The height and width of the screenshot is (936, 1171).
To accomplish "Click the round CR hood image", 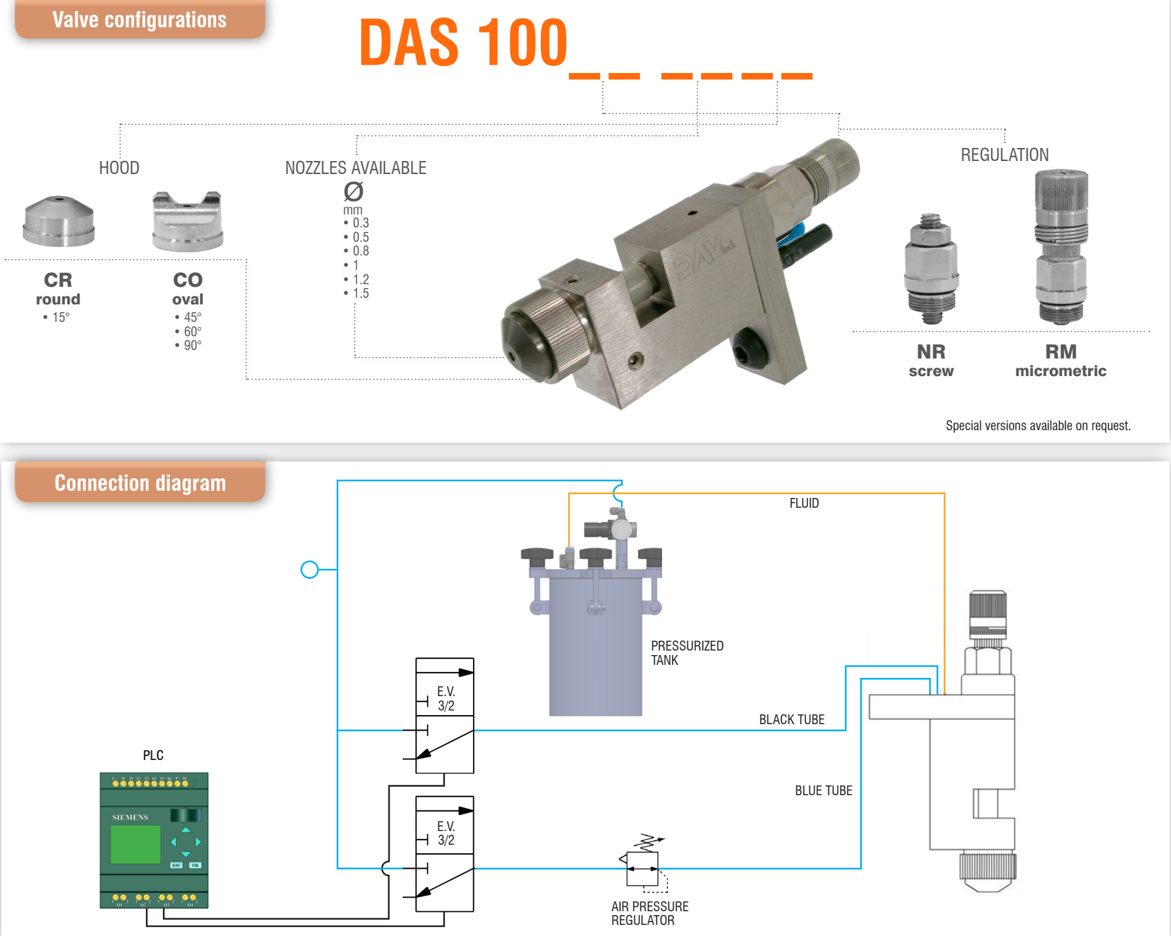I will (59, 221).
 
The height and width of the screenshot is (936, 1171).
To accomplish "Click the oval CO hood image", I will (188, 221).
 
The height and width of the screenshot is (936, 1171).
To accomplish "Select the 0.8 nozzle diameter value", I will (360, 251).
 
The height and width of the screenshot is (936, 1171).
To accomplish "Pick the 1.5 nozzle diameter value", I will (360, 293).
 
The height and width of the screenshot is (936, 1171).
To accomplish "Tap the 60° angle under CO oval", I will (192, 331).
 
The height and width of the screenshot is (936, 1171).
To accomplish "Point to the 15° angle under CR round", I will (61, 317).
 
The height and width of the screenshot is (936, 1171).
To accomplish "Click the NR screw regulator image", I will (931, 269).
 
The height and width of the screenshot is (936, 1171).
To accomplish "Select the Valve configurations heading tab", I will (139, 20).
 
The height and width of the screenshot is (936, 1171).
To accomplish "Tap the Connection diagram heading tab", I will (140, 483).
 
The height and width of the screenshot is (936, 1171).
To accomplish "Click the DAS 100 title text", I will (463, 43).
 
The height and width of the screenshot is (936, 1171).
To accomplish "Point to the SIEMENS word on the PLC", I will (130, 817).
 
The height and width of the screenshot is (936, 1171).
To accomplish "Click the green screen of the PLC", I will (136, 844).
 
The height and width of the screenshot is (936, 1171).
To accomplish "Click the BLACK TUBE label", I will (792, 720).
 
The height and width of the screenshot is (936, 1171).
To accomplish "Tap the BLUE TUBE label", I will (823, 791).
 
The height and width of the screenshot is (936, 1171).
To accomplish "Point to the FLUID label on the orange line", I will (804, 503).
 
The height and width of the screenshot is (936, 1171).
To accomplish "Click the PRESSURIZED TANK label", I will (687, 652).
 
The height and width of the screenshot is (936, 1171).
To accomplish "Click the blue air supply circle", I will (310, 570).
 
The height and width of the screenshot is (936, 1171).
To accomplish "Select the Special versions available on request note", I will (1038, 426).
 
